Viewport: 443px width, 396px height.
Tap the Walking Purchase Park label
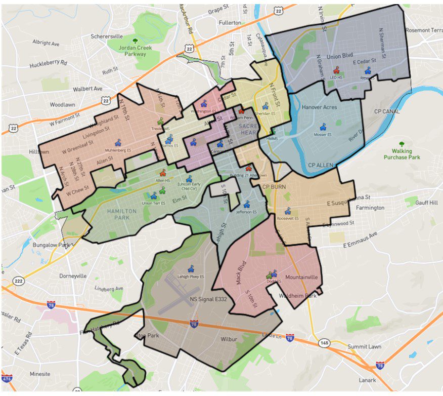coord(401,154)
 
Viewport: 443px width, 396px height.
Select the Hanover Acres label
coord(319,107)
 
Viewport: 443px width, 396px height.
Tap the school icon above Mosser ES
coord(323,127)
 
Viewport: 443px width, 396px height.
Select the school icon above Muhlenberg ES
coord(118,143)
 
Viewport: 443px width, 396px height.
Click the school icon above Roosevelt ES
coord(288,211)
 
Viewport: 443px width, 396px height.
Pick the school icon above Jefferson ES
coord(246,204)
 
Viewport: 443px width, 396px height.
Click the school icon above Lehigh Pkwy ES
coord(191,269)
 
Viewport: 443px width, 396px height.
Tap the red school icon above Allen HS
coord(163,173)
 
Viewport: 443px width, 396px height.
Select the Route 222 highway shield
coord(19,281)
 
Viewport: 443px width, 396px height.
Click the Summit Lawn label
coord(364,346)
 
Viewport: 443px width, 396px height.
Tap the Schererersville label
coord(106,37)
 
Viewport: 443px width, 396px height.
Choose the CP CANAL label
coord(386,111)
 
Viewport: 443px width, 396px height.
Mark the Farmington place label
coord(370,208)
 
